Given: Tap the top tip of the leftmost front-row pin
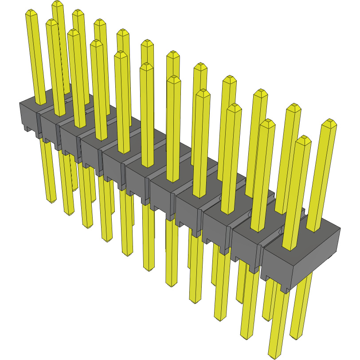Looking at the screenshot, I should pyautogui.click(x=31, y=12).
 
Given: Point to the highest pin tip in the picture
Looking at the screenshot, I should pyautogui.click(x=57, y=3).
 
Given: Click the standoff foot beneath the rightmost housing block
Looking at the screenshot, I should pyautogui.click(x=284, y=288).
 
